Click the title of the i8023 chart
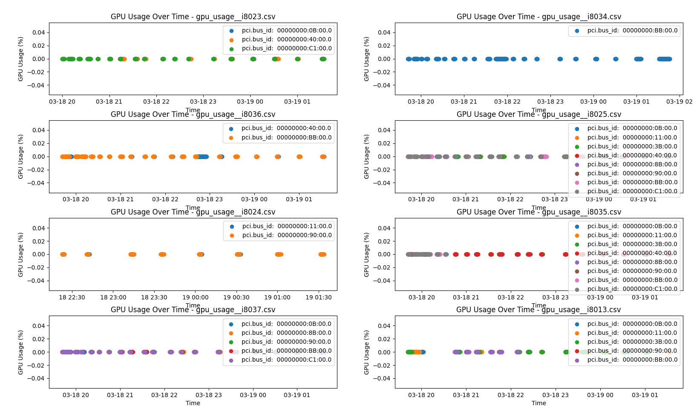[x=193, y=17]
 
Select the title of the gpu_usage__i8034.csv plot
[x=538, y=17]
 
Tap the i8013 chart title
[x=538, y=310]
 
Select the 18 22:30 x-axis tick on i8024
[x=72, y=297]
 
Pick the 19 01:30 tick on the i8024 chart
[x=318, y=297]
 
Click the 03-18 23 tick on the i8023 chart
[x=203, y=102]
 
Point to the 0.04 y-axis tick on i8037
[x=39, y=326]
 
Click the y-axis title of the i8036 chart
[x=20, y=157]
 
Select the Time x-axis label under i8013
[x=538, y=403]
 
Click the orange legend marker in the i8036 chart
[x=231, y=138]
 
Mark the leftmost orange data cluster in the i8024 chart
[x=63, y=255]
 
